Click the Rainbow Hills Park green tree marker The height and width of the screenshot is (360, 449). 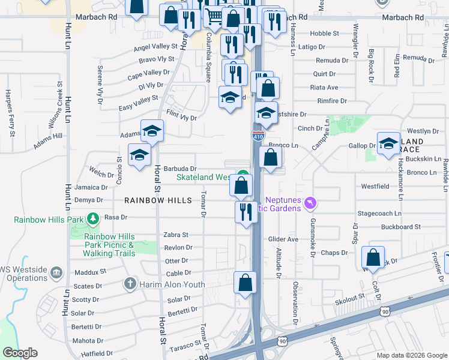93,220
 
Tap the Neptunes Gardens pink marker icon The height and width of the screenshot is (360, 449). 310,203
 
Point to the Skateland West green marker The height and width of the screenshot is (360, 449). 242,176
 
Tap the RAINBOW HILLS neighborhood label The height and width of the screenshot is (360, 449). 158,200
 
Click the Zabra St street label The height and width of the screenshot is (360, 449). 176,235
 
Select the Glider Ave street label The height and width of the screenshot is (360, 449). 284,239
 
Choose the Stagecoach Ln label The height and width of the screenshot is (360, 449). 379,212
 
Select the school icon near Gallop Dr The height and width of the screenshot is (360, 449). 389,143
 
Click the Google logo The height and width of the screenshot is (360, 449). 20,353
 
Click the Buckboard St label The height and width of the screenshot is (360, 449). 400,227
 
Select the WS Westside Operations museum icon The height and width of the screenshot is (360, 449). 56,274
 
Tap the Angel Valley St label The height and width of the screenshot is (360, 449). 155,47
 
